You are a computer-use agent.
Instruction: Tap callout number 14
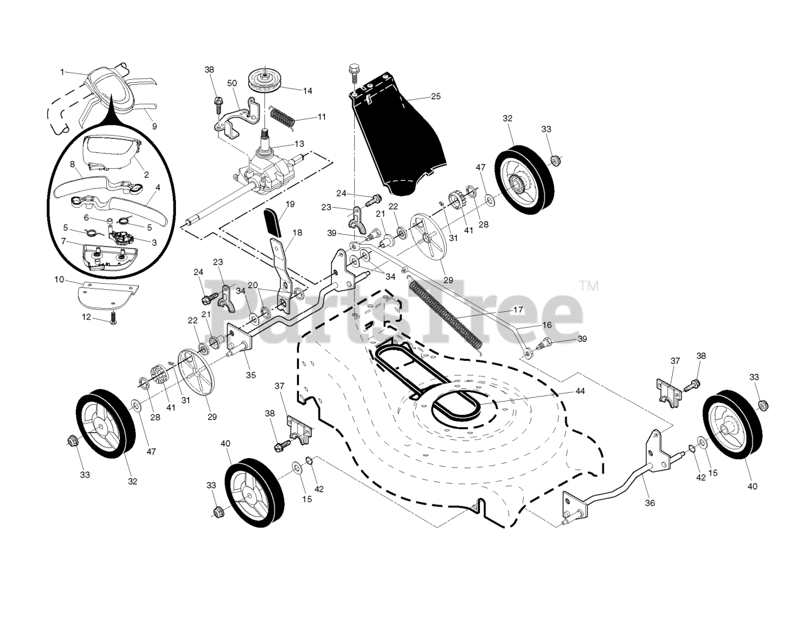[307, 91]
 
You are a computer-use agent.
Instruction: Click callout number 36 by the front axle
[650, 503]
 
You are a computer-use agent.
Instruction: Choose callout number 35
[251, 375]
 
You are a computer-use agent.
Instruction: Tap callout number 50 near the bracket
[232, 83]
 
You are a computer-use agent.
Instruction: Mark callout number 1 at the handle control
[62, 72]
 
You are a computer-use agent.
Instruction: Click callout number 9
[155, 126]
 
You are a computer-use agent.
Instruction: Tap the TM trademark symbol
[590, 286]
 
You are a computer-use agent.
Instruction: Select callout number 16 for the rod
[547, 326]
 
